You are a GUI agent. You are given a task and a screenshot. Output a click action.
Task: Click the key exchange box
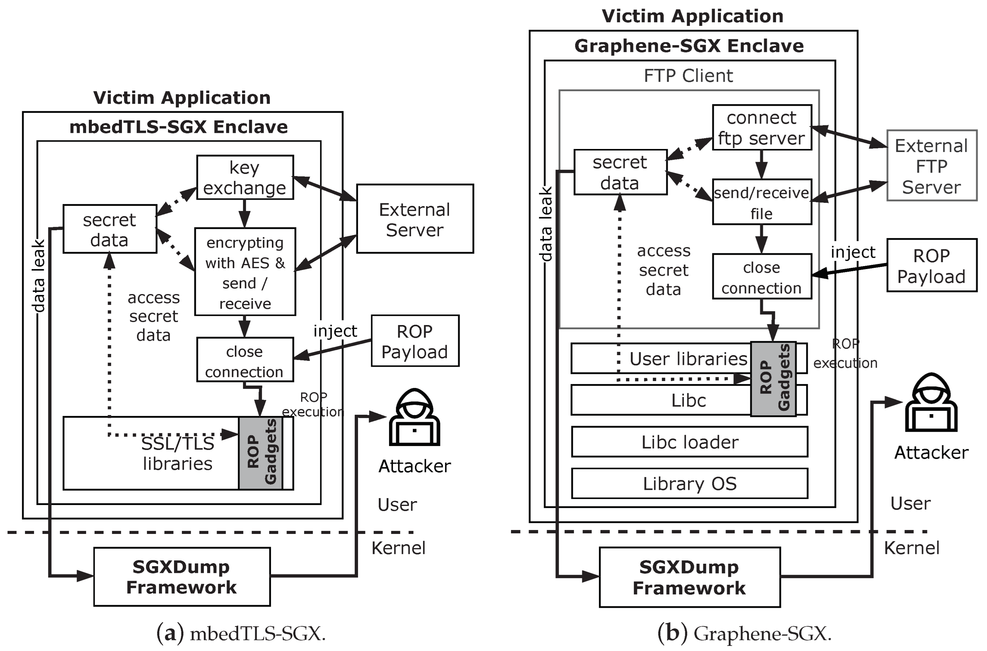[245, 177]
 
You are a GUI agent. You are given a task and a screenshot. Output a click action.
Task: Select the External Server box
[414, 219]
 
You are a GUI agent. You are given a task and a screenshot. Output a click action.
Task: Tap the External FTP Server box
[931, 166]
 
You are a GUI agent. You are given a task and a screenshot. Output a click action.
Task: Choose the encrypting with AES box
[245, 272]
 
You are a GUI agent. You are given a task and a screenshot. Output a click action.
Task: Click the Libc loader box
[689, 442]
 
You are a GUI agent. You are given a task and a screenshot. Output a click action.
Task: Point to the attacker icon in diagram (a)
[414, 417]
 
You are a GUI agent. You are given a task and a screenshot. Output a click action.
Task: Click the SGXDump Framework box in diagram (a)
[182, 577]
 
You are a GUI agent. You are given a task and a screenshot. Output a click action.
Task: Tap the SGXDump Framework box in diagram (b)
[689, 577]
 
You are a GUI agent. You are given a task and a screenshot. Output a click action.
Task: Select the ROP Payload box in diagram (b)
[931, 265]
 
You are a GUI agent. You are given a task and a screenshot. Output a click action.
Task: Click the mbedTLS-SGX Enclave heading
[179, 126]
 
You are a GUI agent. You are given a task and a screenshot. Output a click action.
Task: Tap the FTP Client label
[688, 76]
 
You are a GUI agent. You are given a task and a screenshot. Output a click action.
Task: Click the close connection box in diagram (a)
[245, 359]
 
